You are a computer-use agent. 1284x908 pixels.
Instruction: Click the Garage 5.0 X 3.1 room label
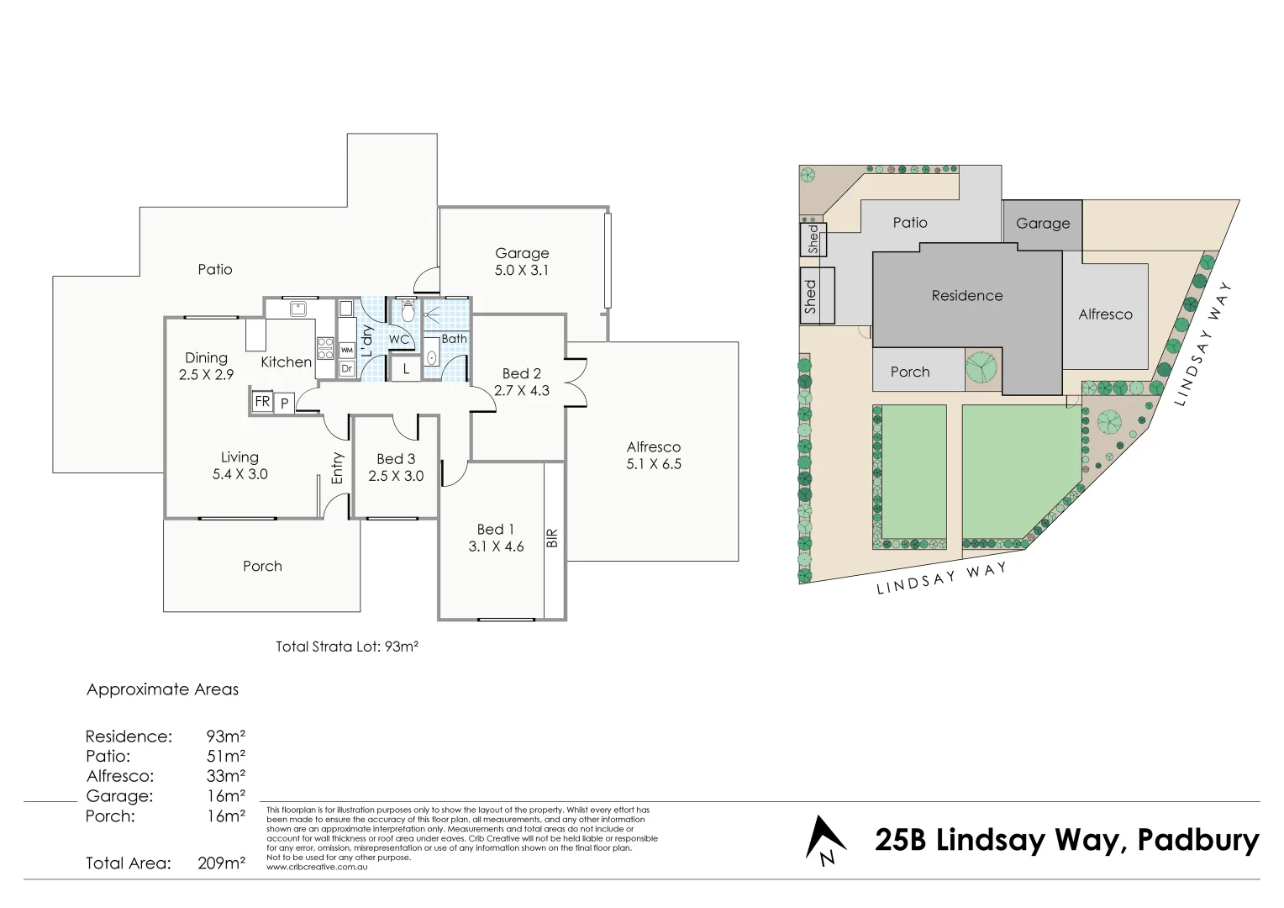[522, 261]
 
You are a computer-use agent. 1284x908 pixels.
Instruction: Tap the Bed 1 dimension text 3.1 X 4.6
[496, 546]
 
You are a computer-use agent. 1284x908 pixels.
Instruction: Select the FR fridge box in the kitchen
[262, 402]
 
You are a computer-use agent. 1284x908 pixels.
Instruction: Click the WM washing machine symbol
[346, 350]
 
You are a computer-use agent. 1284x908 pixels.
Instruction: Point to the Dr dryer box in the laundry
[346, 368]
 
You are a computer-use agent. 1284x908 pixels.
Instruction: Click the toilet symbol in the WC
[408, 312]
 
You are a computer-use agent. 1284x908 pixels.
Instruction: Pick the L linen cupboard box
[406, 369]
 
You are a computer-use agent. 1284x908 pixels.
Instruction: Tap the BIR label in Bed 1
[552, 538]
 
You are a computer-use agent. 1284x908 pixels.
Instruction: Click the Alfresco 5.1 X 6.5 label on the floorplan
[653, 456]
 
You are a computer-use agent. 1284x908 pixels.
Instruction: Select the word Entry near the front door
[337, 468]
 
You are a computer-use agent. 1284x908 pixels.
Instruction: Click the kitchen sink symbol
[298, 309]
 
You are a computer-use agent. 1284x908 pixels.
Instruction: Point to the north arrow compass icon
[824, 840]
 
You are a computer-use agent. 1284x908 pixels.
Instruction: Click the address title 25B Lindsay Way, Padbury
[1066, 840]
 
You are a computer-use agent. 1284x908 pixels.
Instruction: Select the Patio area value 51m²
[226, 756]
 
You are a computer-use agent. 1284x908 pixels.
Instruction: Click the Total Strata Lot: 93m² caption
[347, 647]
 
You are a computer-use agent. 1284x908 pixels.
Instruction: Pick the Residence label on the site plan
[966, 296]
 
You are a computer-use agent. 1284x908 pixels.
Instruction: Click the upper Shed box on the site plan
[813, 239]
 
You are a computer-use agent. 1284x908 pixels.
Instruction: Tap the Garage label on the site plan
[1042, 224]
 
